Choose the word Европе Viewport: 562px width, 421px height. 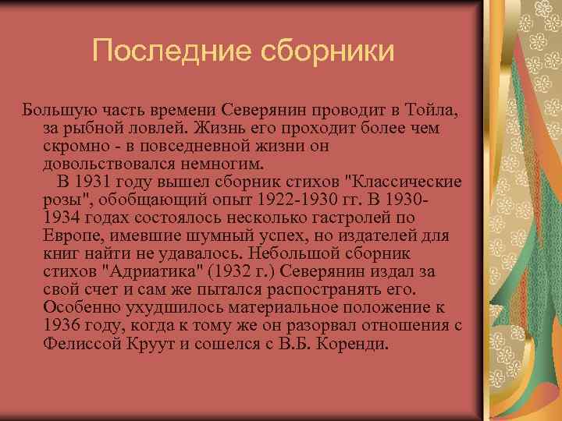coord(71,235)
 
